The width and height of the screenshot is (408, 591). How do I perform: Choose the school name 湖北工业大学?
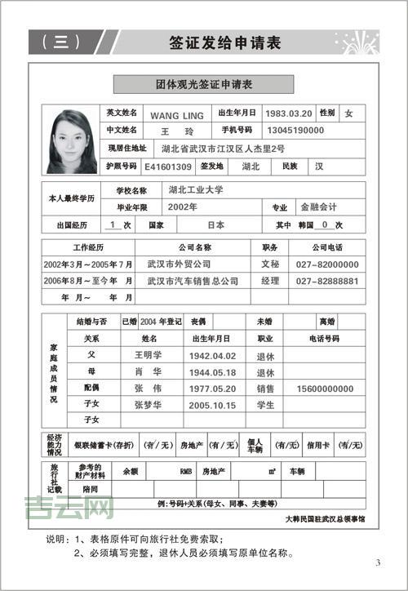(196, 189)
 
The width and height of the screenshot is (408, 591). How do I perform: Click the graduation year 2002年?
(182, 207)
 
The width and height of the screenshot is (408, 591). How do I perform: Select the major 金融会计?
(318, 207)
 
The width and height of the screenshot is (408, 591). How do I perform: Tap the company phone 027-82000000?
(327, 264)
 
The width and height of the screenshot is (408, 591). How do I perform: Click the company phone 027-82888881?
(327, 281)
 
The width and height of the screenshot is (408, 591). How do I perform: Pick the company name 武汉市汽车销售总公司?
(193, 281)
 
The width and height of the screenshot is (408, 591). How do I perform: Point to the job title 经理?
(269, 281)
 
